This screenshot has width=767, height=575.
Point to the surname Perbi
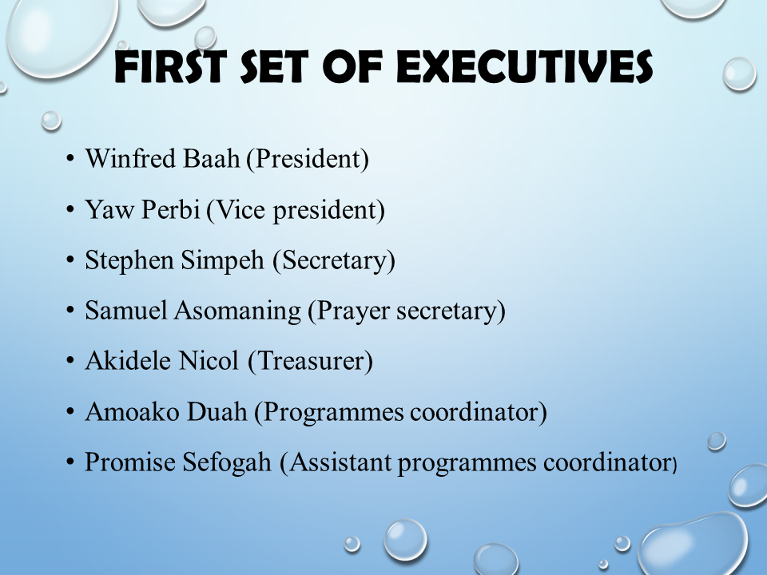[171, 209]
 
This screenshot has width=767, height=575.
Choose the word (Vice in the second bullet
[236, 210]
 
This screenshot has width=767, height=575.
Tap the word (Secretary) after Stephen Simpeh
[334, 260]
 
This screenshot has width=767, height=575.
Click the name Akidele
[128, 360]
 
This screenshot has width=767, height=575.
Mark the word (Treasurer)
[310, 361]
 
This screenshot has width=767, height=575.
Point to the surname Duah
[217, 411]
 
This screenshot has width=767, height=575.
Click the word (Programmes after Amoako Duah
[328, 412]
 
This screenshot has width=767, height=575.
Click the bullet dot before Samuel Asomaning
[70, 311]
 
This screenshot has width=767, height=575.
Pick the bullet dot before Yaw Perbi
[70, 209]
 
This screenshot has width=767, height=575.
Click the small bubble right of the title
[739, 73]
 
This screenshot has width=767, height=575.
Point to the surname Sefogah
[227, 462]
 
